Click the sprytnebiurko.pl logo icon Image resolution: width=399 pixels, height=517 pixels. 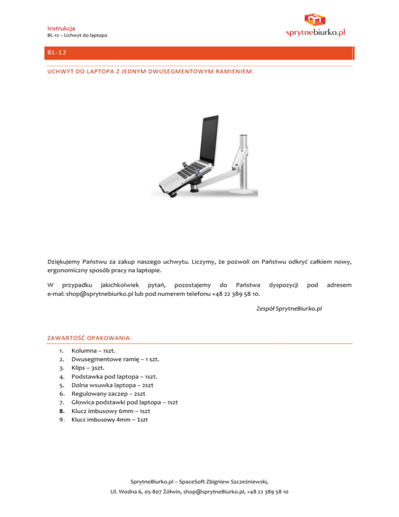click(316, 19)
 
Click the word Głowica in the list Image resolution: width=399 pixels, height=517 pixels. click(83, 402)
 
